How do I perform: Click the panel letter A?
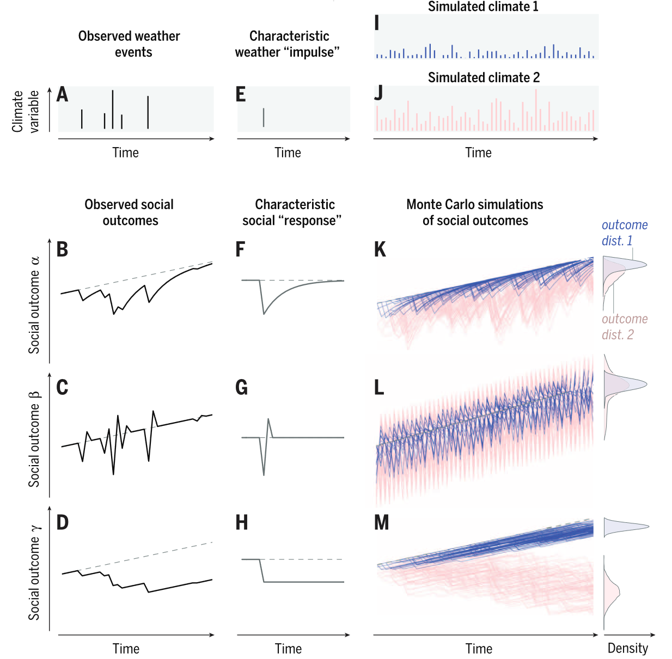pos(63,95)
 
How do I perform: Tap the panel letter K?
pos(380,249)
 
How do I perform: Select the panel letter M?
pos(381,523)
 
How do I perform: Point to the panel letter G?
pos(241,388)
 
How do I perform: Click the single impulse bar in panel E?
pos(264,117)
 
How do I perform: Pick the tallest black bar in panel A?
pos(113,109)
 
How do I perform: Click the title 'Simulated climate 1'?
pos(483,7)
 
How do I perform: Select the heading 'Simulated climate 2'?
pos(484,77)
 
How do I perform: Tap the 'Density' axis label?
pos(628,648)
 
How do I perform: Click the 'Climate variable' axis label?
pos(26,111)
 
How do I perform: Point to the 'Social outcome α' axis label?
pos(34,305)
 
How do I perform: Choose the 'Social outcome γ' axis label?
pos(34,572)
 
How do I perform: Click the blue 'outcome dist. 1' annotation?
pos(624,233)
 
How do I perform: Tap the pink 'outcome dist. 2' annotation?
pos(624,327)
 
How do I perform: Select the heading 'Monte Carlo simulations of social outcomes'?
pos(475,212)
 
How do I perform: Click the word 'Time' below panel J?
pos(478,153)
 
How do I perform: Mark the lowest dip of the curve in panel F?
pos(264,314)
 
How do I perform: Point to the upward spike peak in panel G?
pos(268,419)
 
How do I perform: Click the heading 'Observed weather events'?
pos(129,44)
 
